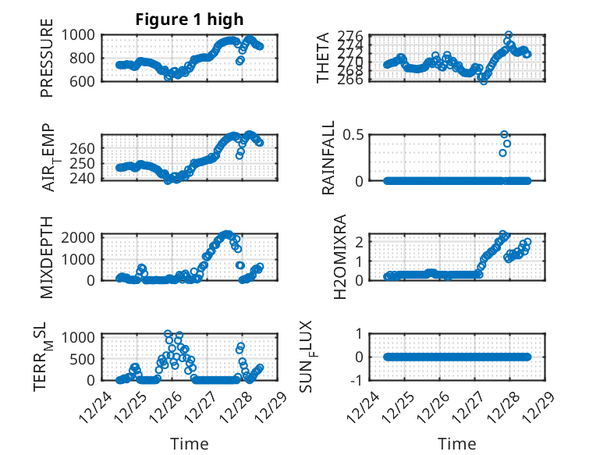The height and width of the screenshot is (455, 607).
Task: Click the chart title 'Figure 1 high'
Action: click(190, 20)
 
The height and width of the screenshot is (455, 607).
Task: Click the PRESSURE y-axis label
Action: click(48, 64)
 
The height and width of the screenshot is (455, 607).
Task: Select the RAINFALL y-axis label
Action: click(329, 158)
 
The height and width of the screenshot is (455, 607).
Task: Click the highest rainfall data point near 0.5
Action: click(504, 134)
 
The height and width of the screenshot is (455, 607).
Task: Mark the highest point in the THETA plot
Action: click(509, 35)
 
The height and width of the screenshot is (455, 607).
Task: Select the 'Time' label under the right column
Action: click(457, 444)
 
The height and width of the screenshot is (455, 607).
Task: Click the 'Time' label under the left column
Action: click(190, 444)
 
